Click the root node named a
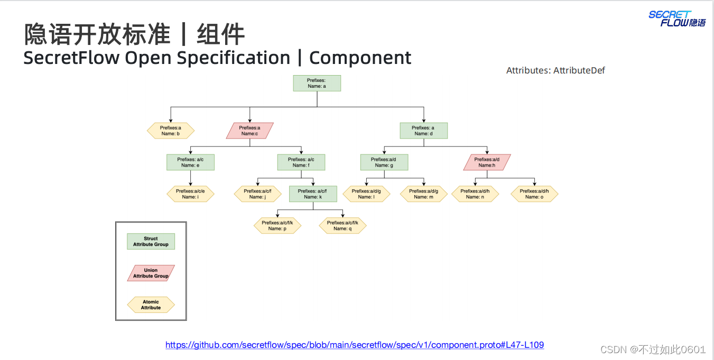[317, 83]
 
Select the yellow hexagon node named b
[171, 131]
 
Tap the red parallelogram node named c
[249, 131]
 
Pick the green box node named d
[423, 131]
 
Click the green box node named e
[190, 162]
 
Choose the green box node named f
[301, 162]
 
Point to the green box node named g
[384, 162]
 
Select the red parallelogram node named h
[487, 162]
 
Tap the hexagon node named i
[190, 194]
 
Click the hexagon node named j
[257, 194]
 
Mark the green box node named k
[313, 194]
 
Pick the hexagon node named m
[423, 194]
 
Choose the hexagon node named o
[534, 194]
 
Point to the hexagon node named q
[342, 226]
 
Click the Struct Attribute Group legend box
[151, 242]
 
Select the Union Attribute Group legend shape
[151, 273]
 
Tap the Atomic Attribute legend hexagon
[151, 305]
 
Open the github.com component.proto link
[355, 345]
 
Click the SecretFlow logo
[677, 19]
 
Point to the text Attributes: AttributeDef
[555, 70]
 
